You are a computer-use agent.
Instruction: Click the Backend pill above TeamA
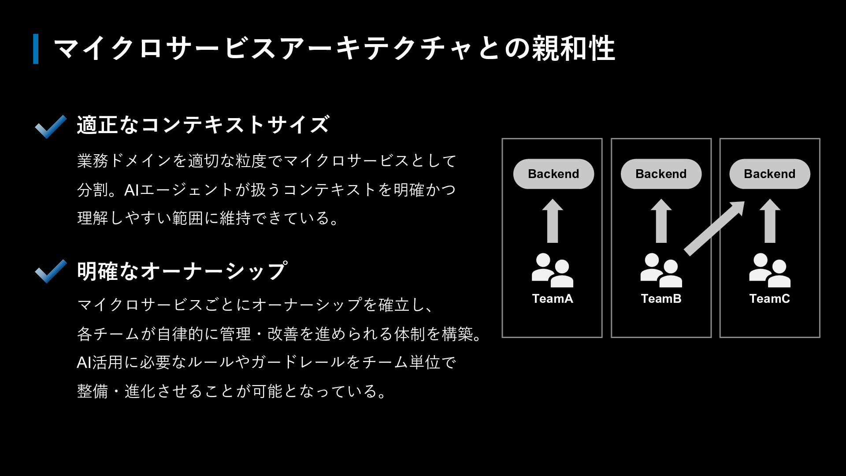(553, 174)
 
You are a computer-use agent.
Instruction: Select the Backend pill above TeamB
(661, 174)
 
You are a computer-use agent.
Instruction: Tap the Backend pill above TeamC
(769, 174)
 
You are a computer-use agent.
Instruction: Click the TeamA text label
(553, 299)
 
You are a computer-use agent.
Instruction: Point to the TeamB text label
(661, 299)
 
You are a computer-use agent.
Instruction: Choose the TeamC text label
(769, 299)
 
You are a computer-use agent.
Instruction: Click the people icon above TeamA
(552, 270)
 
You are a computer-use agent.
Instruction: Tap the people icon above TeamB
(661, 270)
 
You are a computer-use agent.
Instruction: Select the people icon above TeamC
(769, 270)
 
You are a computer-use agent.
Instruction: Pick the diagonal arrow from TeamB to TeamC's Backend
(714, 228)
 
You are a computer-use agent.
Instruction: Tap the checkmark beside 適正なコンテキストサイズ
(51, 126)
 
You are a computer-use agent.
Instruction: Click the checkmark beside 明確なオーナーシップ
(51, 271)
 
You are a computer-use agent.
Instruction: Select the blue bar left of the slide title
(36, 49)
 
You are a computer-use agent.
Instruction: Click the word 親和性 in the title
(573, 48)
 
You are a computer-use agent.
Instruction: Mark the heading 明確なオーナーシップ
(182, 271)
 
